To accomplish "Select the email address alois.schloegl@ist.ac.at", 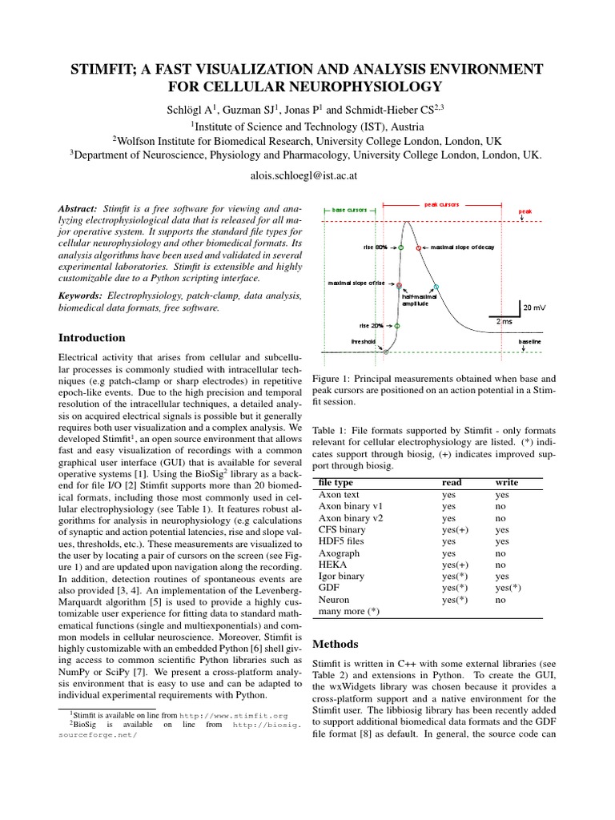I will click(x=307, y=174).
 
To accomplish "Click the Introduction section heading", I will click(x=93, y=337).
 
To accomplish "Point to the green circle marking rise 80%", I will click(x=400, y=247).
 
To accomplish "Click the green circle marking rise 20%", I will click(x=398, y=326).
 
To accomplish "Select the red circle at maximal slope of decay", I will click(x=418, y=248).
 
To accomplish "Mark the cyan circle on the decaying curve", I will click(x=436, y=287).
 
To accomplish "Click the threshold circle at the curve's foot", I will click(x=386, y=352).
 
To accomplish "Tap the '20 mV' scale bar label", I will click(x=536, y=307).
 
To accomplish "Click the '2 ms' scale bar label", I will click(x=504, y=321).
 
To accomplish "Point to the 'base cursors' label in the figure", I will click(x=349, y=210).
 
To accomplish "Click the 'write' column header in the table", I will click(x=507, y=483).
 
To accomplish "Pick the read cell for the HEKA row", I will click(x=455, y=565).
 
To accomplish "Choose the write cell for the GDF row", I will click(x=508, y=588).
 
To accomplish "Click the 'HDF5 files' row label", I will click(x=342, y=541).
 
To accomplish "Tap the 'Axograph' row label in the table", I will click(x=339, y=553).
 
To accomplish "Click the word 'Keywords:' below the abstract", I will click(x=81, y=295).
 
